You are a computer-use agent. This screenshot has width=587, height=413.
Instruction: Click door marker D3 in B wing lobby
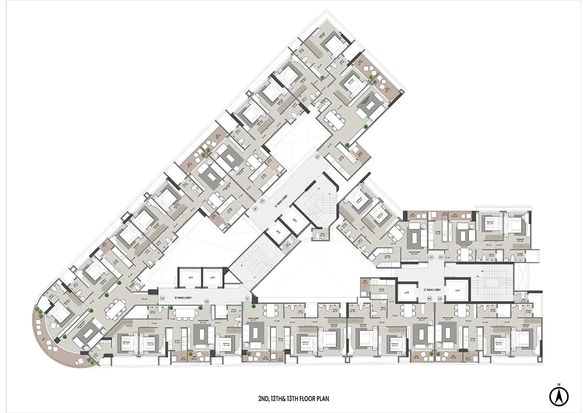point(163,298)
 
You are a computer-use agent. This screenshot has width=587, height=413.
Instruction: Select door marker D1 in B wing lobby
point(247,298)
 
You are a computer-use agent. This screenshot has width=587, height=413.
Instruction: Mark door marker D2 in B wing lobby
point(207,301)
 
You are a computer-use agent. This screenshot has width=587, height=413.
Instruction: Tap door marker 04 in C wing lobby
point(429,299)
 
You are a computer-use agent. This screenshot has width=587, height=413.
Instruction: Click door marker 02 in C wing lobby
point(441,256)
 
